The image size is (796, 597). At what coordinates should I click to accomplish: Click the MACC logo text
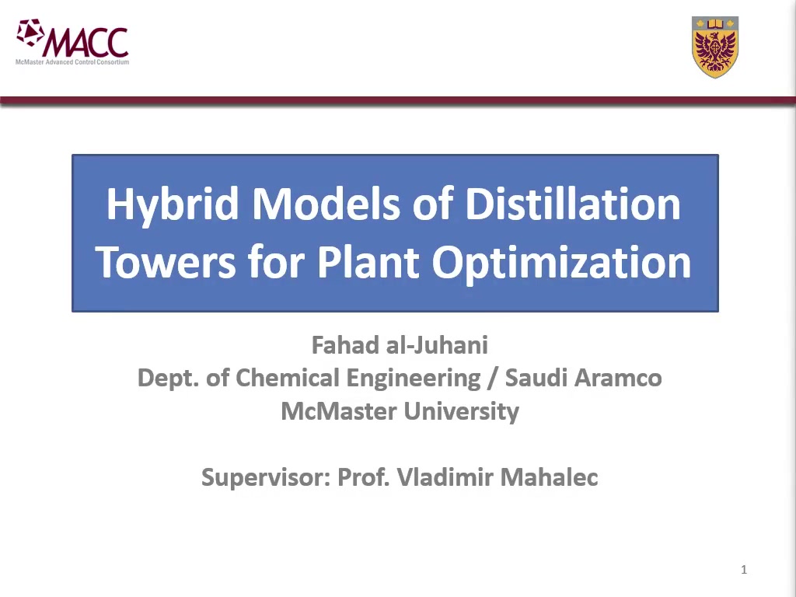[x=86, y=42]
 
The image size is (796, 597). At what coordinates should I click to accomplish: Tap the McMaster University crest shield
[x=715, y=47]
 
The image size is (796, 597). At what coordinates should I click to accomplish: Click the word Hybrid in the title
[x=173, y=205]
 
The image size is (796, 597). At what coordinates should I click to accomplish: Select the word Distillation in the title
[x=573, y=204]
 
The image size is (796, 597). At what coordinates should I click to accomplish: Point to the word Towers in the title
[x=166, y=263]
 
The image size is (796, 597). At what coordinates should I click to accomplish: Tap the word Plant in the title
[x=368, y=263]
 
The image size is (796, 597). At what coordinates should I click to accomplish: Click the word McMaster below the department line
[x=339, y=410]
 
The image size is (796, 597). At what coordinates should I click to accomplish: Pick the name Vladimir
[x=444, y=477]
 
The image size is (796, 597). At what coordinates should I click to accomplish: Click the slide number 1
[x=744, y=570]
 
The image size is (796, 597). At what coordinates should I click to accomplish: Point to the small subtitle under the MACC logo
[x=72, y=62]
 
